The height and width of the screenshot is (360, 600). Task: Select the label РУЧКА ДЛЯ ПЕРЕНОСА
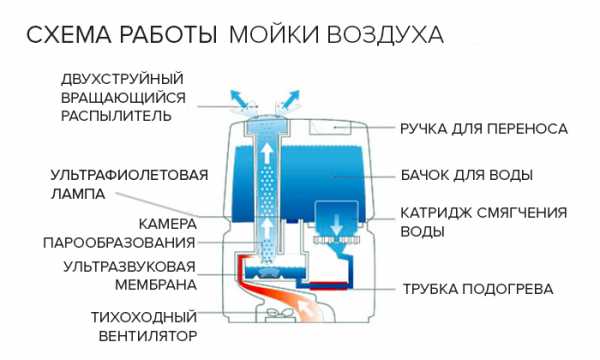484,129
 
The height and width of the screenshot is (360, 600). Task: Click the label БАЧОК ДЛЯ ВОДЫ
466,175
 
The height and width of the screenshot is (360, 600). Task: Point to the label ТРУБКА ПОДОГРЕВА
478,289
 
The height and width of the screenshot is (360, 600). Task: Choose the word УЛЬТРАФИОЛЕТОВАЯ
129,175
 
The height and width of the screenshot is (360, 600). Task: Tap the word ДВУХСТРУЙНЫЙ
122,79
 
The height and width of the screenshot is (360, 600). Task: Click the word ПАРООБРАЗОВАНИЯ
119,243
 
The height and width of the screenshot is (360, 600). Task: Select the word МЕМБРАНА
156,285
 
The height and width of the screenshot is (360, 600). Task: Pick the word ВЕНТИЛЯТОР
148,336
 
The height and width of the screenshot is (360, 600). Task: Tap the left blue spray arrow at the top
239,100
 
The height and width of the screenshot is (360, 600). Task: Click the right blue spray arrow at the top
289,100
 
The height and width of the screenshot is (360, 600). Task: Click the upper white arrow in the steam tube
267,153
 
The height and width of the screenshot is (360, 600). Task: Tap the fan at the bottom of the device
278,313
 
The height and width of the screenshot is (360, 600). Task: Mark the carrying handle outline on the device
330,127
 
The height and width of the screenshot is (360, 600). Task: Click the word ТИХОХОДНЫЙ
144,317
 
